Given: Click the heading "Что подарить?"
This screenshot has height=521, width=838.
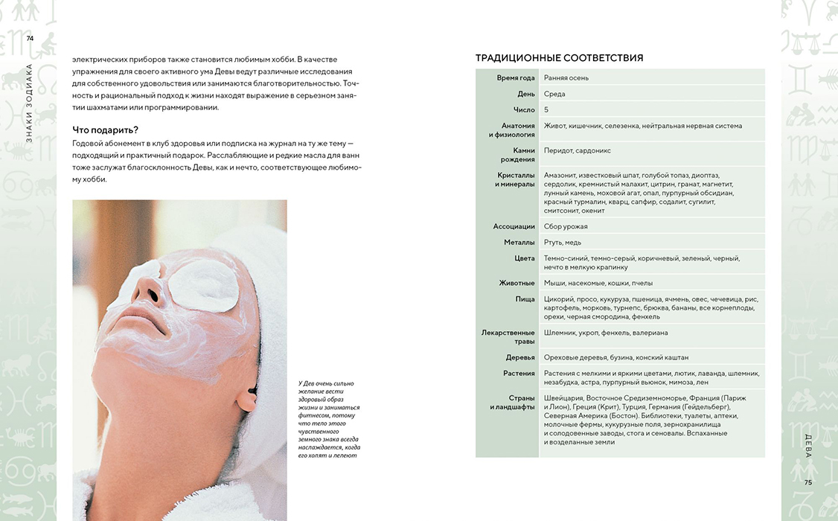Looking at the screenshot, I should pyautogui.click(x=105, y=130).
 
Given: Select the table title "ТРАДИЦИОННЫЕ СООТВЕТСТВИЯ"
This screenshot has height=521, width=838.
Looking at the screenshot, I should pyautogui.click(x=559, y=58).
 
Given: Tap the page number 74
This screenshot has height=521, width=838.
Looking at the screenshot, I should pyautogui.click(x=30, y=38).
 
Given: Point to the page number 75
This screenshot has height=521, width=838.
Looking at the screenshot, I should pyautogui.click(x=807, y=482).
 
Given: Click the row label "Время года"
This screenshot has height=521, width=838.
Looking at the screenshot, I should pyautogui.click(x=516, y=77).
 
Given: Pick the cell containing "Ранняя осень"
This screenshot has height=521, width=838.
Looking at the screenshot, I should pyautogui.click(x=566, y=77).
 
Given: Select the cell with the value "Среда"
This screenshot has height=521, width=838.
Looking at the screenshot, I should pyautogui.click(x=554, y=94).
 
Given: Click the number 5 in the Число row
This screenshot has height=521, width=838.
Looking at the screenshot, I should pyautogui.click(x=546, y=109).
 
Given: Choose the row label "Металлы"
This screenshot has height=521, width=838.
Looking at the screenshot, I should pyautogui.click(x=519, y=242).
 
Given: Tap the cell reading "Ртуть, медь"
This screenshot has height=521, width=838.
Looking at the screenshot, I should pyautogui.click(x=563, y=242).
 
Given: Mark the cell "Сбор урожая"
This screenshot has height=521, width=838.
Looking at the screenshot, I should pyautogui.click(x=566, y=226).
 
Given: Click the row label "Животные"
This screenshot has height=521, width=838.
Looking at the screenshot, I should pyautogui.click(x=516, y=283).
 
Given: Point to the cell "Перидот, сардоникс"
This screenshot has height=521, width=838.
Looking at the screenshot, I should pyautogui.click(x=577, y=150).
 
